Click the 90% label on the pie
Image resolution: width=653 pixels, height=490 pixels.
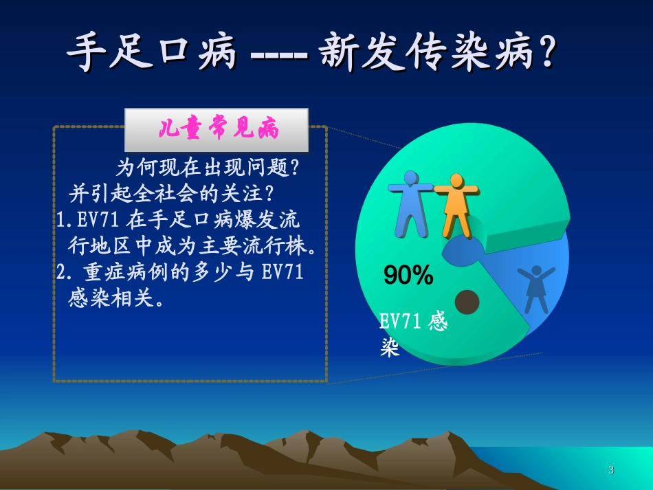[x=408, y=276]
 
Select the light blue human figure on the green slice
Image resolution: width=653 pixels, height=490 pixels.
[x=410, y=202]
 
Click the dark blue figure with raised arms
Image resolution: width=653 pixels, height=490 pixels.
[x=535, y=289]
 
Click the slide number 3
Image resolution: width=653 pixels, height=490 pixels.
[x=611, y=470]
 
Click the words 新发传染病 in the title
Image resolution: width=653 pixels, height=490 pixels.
[x=426, y=54]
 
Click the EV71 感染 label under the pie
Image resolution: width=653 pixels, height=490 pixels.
[x=412, y=334]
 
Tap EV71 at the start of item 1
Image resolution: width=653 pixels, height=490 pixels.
[x=98, y=221]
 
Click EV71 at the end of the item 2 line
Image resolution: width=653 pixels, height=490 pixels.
[x=283, y=272]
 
